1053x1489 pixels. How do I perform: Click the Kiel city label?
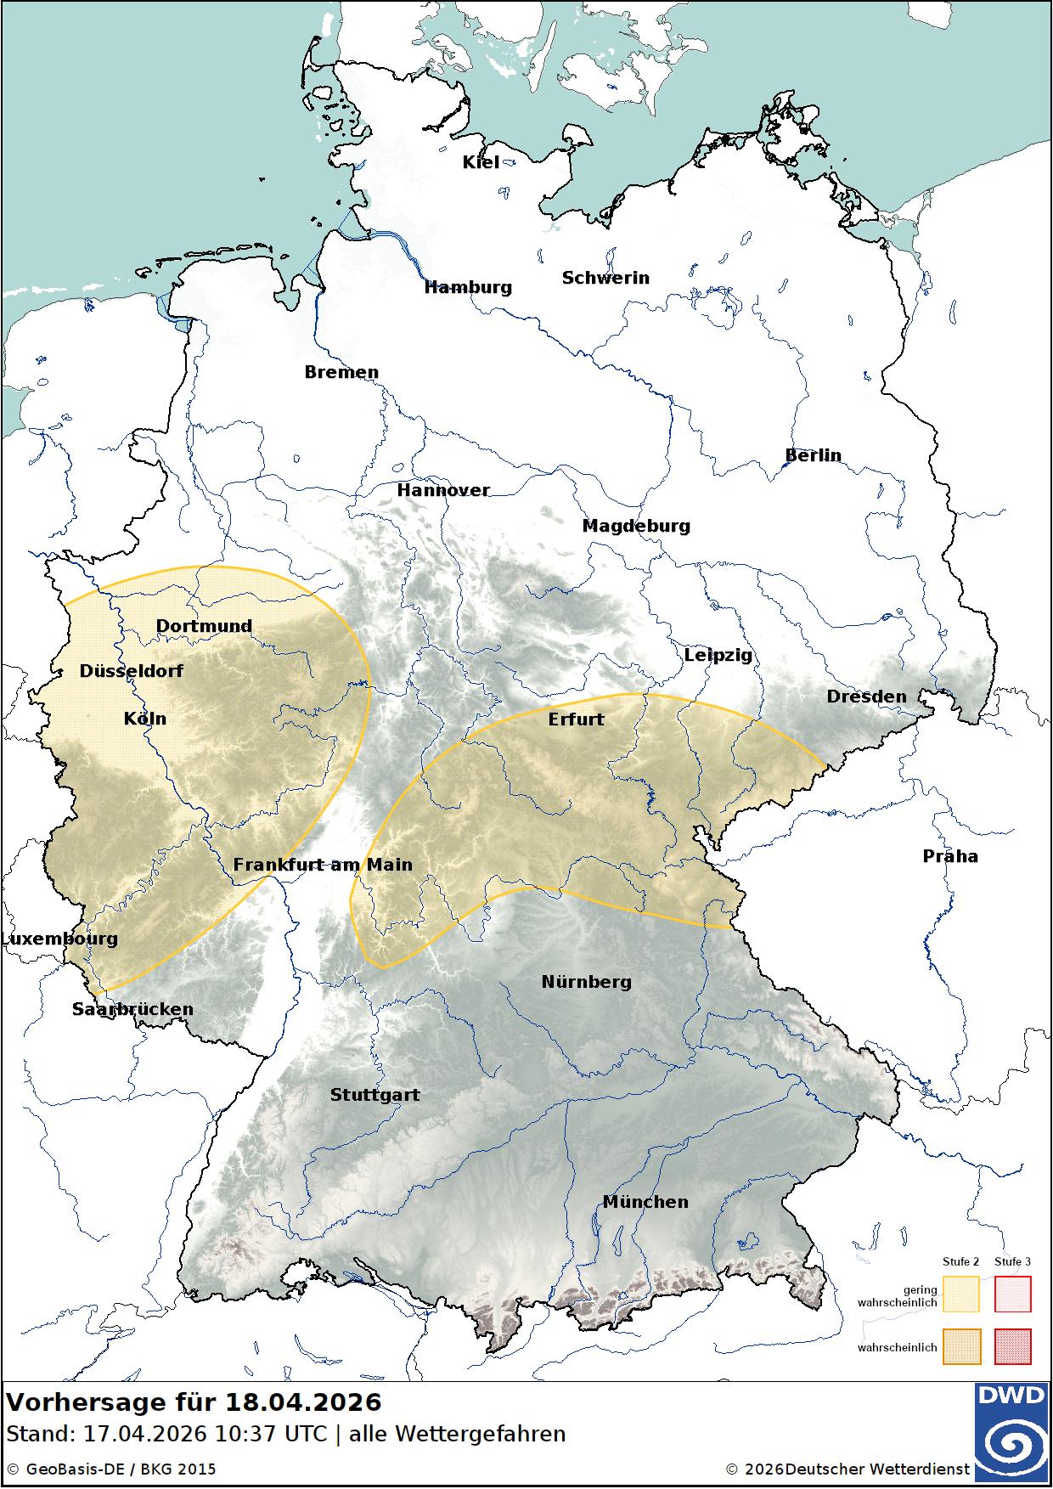[481, 162]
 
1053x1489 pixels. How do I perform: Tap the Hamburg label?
[468, 287]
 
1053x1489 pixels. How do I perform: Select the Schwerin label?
[605, 278]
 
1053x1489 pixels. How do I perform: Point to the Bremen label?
[341, 372]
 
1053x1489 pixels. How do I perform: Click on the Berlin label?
[813, 455]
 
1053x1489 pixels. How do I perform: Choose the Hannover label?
[443, 490]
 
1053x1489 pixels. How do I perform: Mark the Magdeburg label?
[636, 526]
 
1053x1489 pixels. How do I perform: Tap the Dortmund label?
[204, 626]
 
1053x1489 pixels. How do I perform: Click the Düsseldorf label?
[132, 671]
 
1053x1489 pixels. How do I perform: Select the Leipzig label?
[718, 655]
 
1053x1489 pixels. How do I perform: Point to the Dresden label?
[866, 697]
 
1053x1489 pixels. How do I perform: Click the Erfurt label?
[576, 719]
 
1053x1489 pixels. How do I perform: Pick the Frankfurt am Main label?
[323, 865]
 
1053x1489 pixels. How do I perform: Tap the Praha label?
[950, 856]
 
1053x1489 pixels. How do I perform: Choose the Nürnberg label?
[586, 982]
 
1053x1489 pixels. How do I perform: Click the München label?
[645, 1202]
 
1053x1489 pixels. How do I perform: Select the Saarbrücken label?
[132, 1009]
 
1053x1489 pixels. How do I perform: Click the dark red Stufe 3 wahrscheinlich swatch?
[1012, 1347]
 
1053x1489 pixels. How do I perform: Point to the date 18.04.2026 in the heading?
[303, 1402]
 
